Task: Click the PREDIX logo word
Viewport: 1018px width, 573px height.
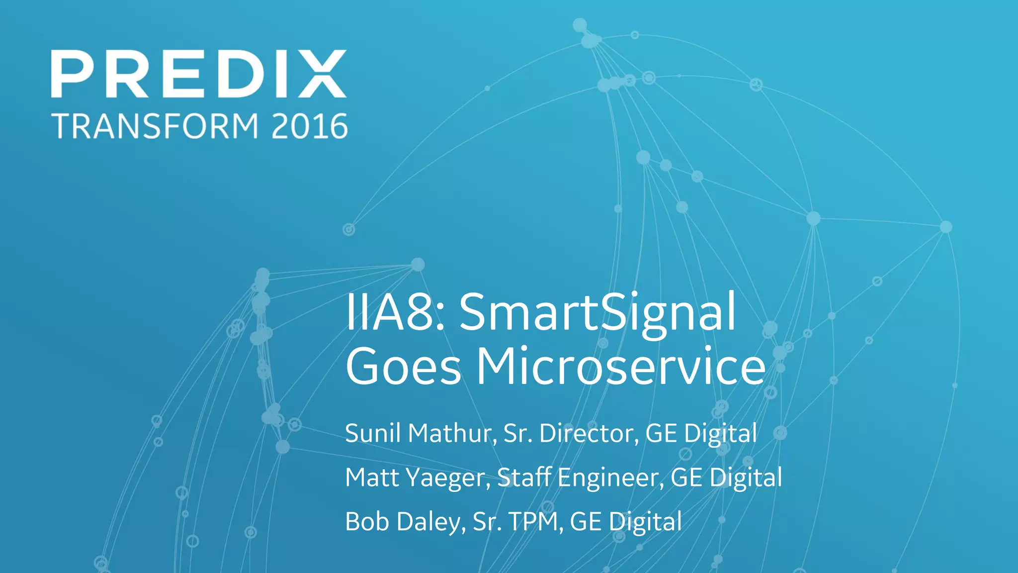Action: coord(198,74)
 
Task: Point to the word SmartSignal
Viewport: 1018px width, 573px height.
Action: coord(597,312)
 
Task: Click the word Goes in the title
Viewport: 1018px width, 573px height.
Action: coord(403,367)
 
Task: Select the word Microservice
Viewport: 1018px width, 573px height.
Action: coord(621,367)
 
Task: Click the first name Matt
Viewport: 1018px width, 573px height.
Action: coord(372,477)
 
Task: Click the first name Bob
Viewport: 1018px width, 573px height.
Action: coord(367,522)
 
